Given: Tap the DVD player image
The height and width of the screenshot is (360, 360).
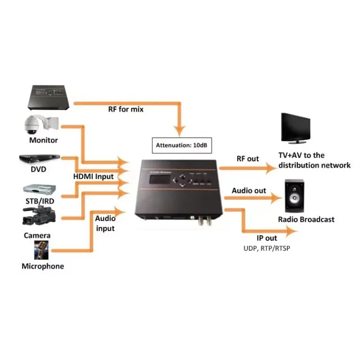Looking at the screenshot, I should [39, 158].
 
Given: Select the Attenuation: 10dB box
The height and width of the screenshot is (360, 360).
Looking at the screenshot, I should [180, 145].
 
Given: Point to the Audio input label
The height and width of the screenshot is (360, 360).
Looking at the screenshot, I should [105, 223].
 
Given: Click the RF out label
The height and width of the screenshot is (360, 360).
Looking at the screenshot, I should [247, 158].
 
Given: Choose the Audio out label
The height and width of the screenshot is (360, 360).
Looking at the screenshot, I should [249, 190].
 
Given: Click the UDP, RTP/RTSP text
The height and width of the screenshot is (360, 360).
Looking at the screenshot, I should [267, 248].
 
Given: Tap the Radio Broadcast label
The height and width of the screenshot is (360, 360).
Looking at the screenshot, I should [306, 220].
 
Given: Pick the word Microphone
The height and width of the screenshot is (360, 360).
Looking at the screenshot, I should [43, 266].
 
